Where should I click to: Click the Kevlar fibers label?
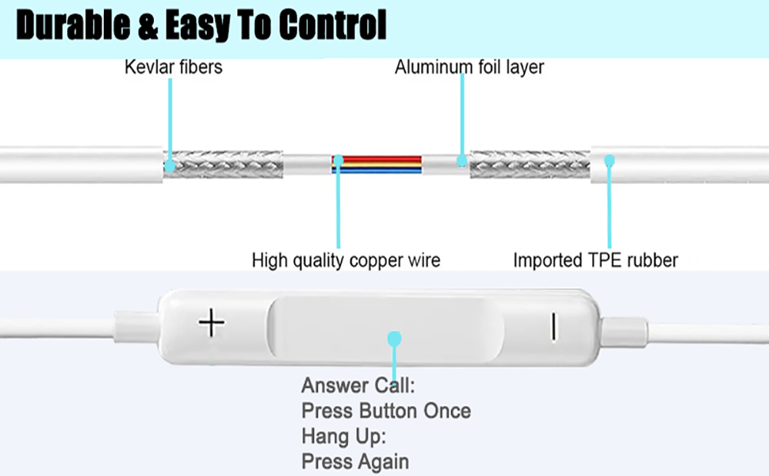pyautogui.click(x=173, y=67)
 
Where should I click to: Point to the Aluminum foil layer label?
pyautogui.click(x=469, y=67)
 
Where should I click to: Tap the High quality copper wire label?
pyautogui.click(x=346, y=259)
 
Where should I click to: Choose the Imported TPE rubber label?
pyautogui.click(x=595, y=259)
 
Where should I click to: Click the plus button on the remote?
pyautogui.click(x=212, y=324)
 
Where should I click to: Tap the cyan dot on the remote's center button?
pyautogui.click(x=394, y=339)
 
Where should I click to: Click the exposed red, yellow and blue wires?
pyautogui.click(x=377, y=164)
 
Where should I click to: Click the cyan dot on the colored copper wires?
pyautogui.click(x=339, y=161)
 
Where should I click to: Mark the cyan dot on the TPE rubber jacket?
pyautogui.click(x=610, y=160)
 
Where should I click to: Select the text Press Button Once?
pyautogui.click(x=386, y=411)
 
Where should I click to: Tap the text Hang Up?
pyautogui.click(x=343, y=436)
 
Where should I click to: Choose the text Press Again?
pyautogui.click(x=355, y=461)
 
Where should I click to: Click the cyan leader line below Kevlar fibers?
pyautogui.click(x=170, y=119)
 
